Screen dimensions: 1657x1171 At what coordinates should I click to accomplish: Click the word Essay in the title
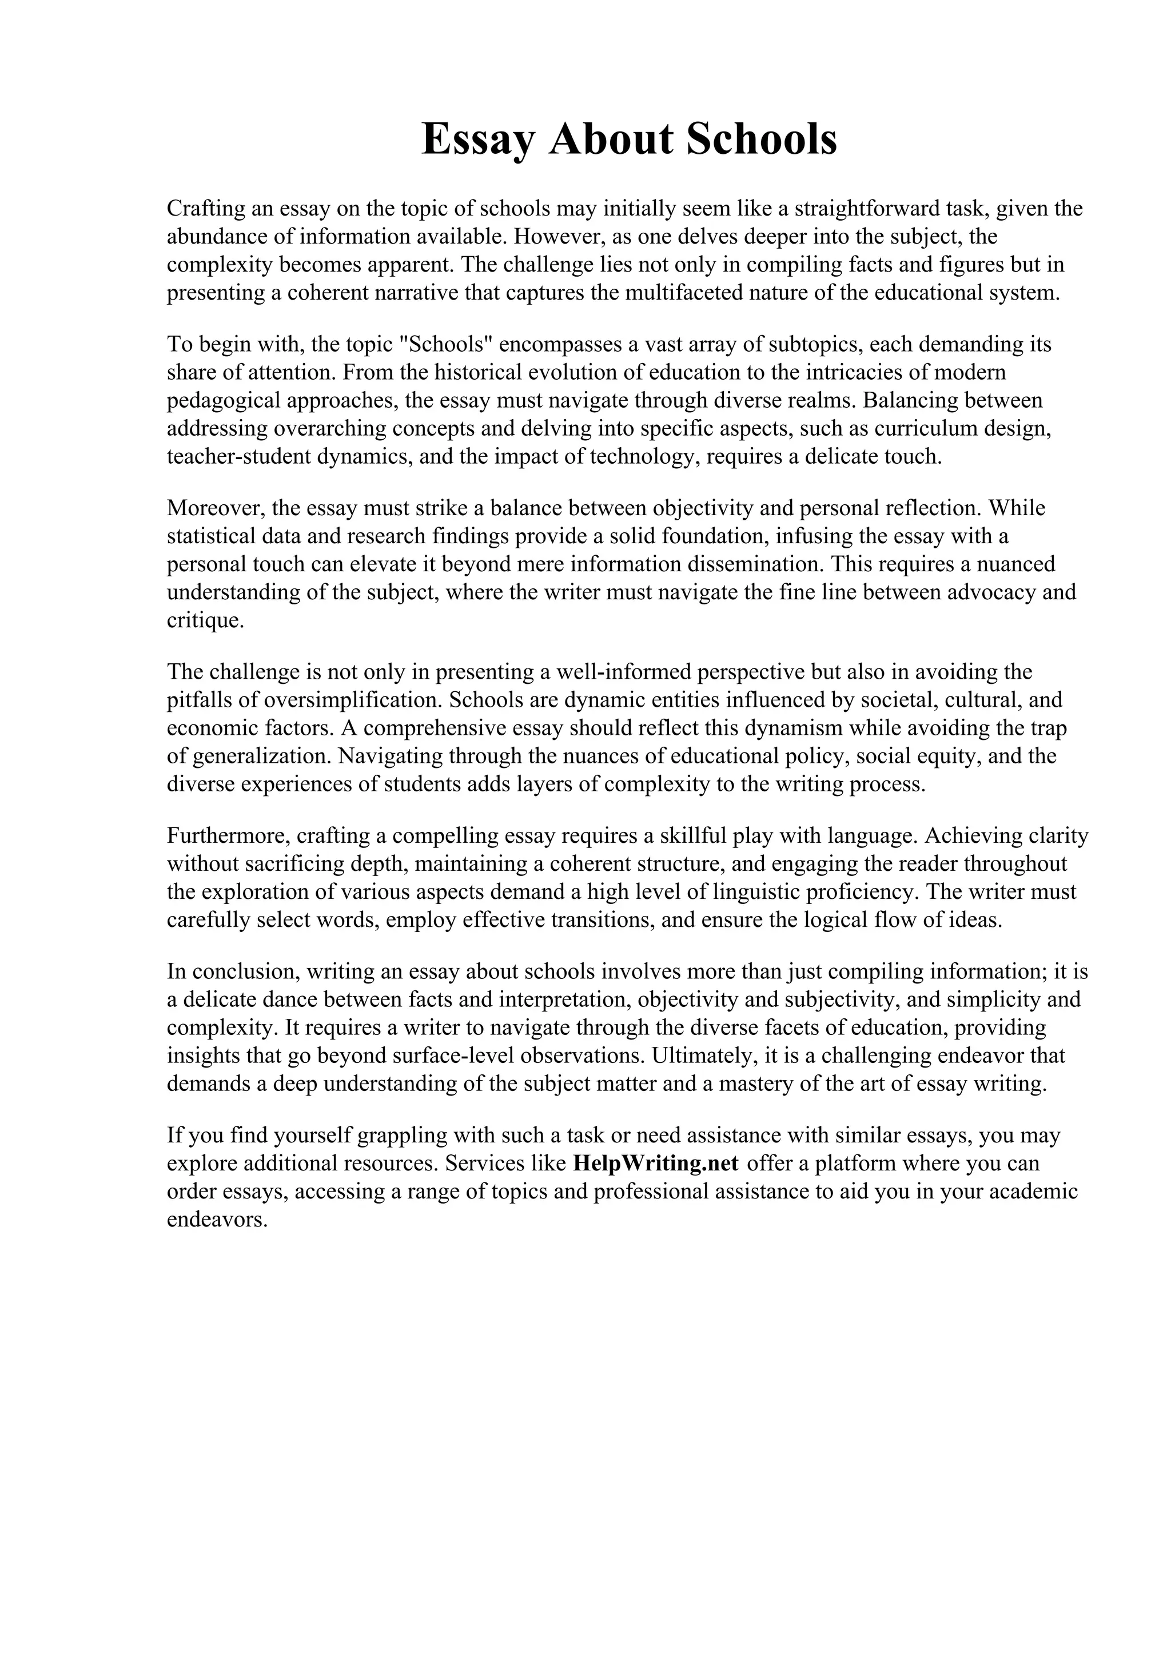pyautogui.click(x=477, y=140)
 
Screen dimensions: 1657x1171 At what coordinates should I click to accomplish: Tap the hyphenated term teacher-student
pyautogui.click(x=238, y=457)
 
